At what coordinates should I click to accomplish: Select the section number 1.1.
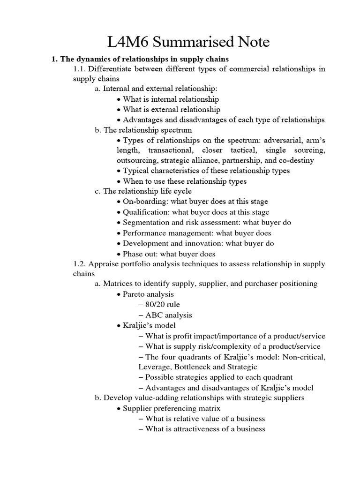(80, 69)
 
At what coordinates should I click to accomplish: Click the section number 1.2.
(80, 264)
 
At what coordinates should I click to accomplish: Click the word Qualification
(144, 212)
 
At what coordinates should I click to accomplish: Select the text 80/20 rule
(162, 305)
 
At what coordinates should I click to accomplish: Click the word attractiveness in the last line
(192, 429)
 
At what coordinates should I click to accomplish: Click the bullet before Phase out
(119, 254)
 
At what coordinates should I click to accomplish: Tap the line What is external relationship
(171, 110)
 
